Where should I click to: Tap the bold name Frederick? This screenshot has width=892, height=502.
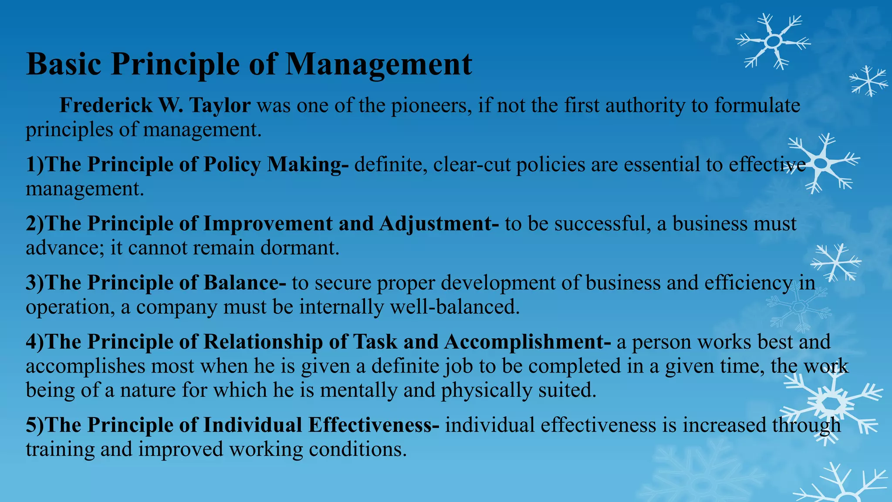pyautogui.click(x=106, y=105)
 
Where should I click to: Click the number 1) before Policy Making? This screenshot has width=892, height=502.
pyautogui.click(x=35, y=165)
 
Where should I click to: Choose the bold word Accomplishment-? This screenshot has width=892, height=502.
pyautogui.click(x=527, y=342)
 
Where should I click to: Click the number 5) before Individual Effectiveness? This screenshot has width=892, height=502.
pyautogui.click(x=35, y=425)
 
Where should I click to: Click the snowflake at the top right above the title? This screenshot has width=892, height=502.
pyautogui.click(x=773, y=41)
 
